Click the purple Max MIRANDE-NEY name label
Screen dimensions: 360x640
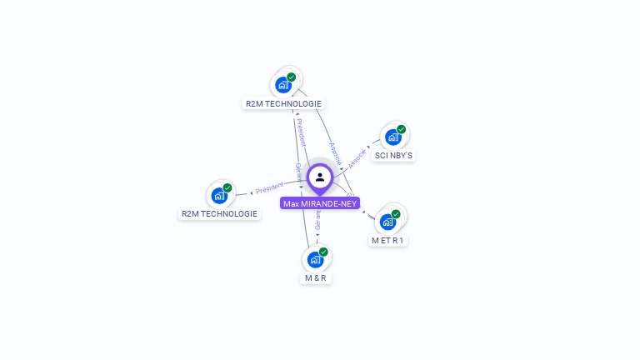point(320,203)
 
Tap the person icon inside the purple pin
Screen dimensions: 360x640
point(320,177)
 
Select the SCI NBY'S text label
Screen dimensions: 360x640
point(393,156)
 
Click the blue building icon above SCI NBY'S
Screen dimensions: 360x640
point(392,137)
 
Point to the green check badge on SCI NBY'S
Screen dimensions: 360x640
point(401,129)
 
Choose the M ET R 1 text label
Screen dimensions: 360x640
point(388,241)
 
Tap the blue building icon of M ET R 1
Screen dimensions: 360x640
point(387,222)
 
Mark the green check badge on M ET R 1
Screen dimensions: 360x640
point(396,214)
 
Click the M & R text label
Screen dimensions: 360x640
point(316,277)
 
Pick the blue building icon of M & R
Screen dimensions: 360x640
point(315,259)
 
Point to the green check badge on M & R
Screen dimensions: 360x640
point(323,252)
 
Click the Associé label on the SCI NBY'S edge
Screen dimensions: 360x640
point(357,156)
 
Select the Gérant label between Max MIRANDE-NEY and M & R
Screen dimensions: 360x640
point(317,219)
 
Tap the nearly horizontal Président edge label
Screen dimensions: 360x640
point(270,187)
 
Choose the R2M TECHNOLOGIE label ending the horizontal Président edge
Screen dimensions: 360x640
point(220,214)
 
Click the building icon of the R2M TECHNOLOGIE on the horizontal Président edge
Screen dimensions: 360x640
point(219,195)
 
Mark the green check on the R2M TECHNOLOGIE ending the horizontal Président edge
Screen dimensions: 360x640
point(227,187)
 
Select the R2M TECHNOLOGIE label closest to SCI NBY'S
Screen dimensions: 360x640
point(283,104)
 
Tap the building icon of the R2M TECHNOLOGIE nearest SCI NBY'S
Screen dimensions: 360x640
point(283,85)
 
